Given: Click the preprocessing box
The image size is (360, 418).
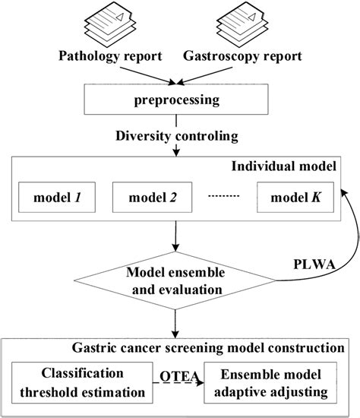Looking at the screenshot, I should click(x=178, y=100).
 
